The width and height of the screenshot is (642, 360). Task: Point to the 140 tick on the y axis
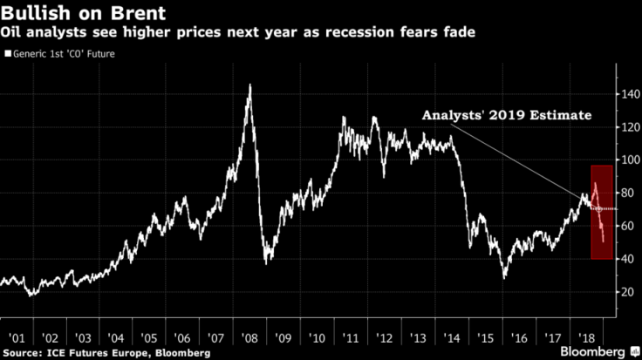coord(625,93)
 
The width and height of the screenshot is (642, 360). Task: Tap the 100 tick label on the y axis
coord(625,160)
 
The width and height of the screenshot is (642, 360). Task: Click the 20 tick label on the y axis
coord(624,292)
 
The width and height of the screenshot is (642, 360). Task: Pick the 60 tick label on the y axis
coord(624,226)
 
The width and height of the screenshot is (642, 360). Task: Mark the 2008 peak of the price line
coord(250,85)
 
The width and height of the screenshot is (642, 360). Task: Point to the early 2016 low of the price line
coord(503,278)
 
